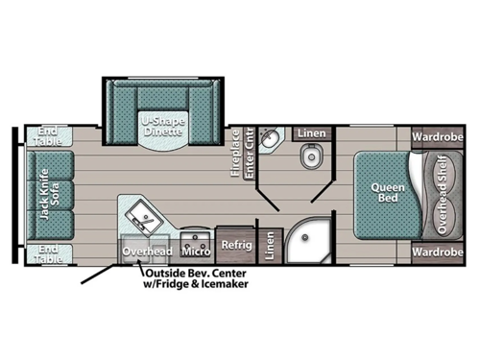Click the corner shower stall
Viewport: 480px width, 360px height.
click(x=308, y=240)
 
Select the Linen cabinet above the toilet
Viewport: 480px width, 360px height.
click(x=310, y=132)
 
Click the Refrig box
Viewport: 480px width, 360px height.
click(x=236, y=245)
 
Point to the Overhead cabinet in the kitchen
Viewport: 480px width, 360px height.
click(x=147, y=252)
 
